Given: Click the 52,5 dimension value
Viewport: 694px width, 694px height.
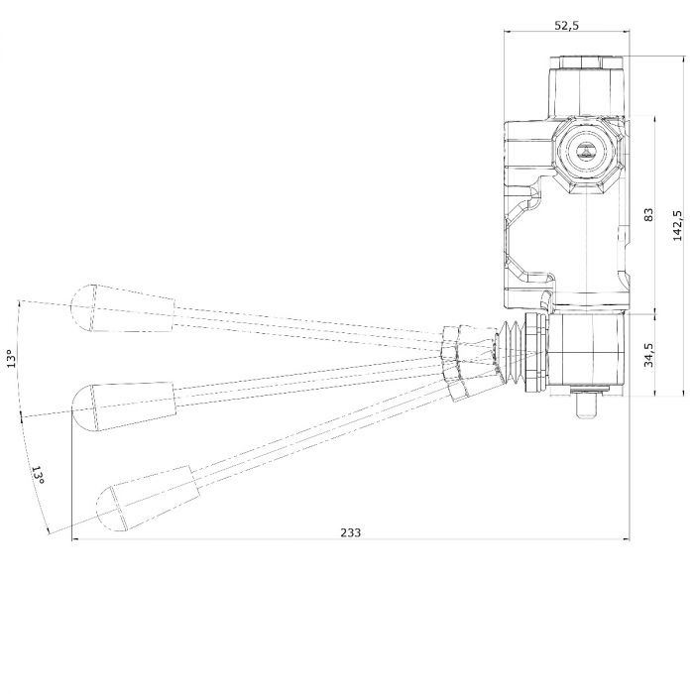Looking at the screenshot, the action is pyautogui.click(x=567, y=25).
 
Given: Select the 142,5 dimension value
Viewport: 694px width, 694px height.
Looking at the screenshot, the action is pyautogui.click(x=677, y=226).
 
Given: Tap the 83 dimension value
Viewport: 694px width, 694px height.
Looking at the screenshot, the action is pyautogui.click(x=648, y=215).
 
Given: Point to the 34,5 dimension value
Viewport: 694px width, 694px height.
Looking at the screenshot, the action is pyautogui.click(x=648, y=355).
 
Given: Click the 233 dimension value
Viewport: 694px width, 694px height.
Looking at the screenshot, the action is pyautogui.click(x=351, y=532).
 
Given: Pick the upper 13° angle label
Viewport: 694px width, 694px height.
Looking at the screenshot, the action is pyautogui.click(x=12, y=359).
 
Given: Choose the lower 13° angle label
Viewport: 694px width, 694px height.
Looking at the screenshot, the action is pyautogui.click(x=38, y=475).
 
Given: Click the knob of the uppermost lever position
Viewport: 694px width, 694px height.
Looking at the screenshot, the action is pyautogui.click(x=123, y=308).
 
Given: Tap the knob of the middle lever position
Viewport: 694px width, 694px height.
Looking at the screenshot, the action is pyautogui.click(x=124, y=405).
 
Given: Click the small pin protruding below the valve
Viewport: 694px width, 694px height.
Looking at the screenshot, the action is pyautogui.click(x=588, y=405).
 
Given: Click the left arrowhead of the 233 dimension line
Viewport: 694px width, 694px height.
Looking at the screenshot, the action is pyautogui.click(x=75, y=539).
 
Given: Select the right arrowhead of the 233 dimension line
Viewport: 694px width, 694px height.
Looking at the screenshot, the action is pyautogui.click(x=626, y=539).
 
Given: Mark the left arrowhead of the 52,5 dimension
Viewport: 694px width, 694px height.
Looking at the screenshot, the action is pyautogui.click(x=508, y=32).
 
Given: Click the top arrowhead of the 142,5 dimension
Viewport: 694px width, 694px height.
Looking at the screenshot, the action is pyautogui.click(x=685, y=59).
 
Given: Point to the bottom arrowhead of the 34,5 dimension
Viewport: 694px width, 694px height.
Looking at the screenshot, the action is pyautogui.click(x=654, y=393).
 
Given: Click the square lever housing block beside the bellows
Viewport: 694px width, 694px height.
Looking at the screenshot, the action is pyautogui.click(x=587, y=351).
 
